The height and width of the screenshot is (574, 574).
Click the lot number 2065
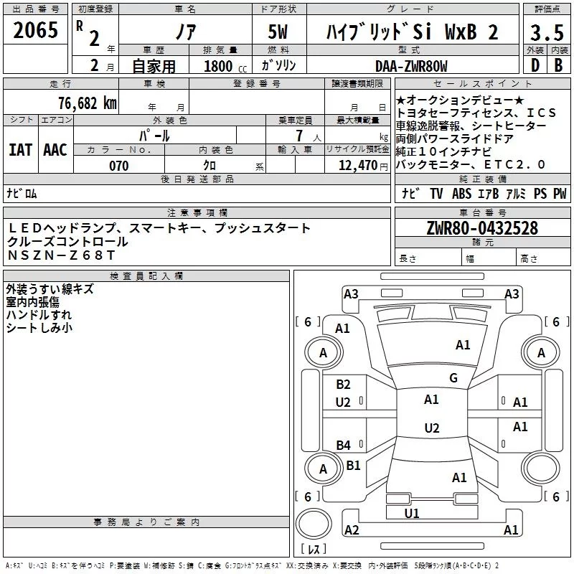[x=35, y=32]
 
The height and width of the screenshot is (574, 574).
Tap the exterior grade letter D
[x=535, y=65]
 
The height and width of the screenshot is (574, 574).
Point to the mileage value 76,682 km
[x=87, y=103]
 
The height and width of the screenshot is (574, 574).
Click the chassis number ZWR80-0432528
[x=481, y=229]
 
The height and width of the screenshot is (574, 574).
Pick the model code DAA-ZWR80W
[x=411, y=66]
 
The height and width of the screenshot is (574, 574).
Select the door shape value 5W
[x=279, y=32]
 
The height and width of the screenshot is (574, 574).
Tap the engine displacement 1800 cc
[x=218, y=66]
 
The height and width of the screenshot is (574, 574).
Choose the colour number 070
[x=118, y=166]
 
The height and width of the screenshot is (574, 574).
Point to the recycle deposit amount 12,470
[x=356, y=166]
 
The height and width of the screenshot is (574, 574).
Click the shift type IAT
[x=21, y=149]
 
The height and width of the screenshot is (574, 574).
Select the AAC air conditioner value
[x=55, y=149]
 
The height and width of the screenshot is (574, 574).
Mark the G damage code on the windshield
[x=453, y=378]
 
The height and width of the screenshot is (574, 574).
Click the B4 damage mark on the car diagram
[x=344, y=445]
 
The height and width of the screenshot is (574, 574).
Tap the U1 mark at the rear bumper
[x=411, y=513]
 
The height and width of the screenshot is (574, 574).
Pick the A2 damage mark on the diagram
[x=352, y=530]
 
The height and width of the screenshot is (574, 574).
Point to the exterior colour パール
[x=154, y=135]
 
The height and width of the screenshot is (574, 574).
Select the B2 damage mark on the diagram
[x=344, y=384]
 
